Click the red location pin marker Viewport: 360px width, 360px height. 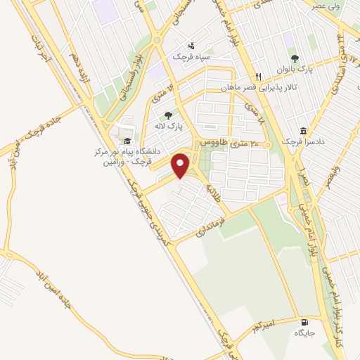click(x=181, y=165)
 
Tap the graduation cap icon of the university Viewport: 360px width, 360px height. click(x=126, y=141)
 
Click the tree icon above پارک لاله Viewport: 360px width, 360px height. click(x=167, y=116)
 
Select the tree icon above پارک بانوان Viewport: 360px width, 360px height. click(x=295, y=58)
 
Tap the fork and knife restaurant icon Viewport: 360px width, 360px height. click(x=259, y=76)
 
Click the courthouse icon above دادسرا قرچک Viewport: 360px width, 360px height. click(x=303, y=131)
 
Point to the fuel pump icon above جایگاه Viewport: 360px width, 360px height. click(x=303, y=318)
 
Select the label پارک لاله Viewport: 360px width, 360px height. click(x=169, y=127)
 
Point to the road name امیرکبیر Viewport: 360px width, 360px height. click(x=268, y=326)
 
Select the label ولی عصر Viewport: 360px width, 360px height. click(x=329, y=6)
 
